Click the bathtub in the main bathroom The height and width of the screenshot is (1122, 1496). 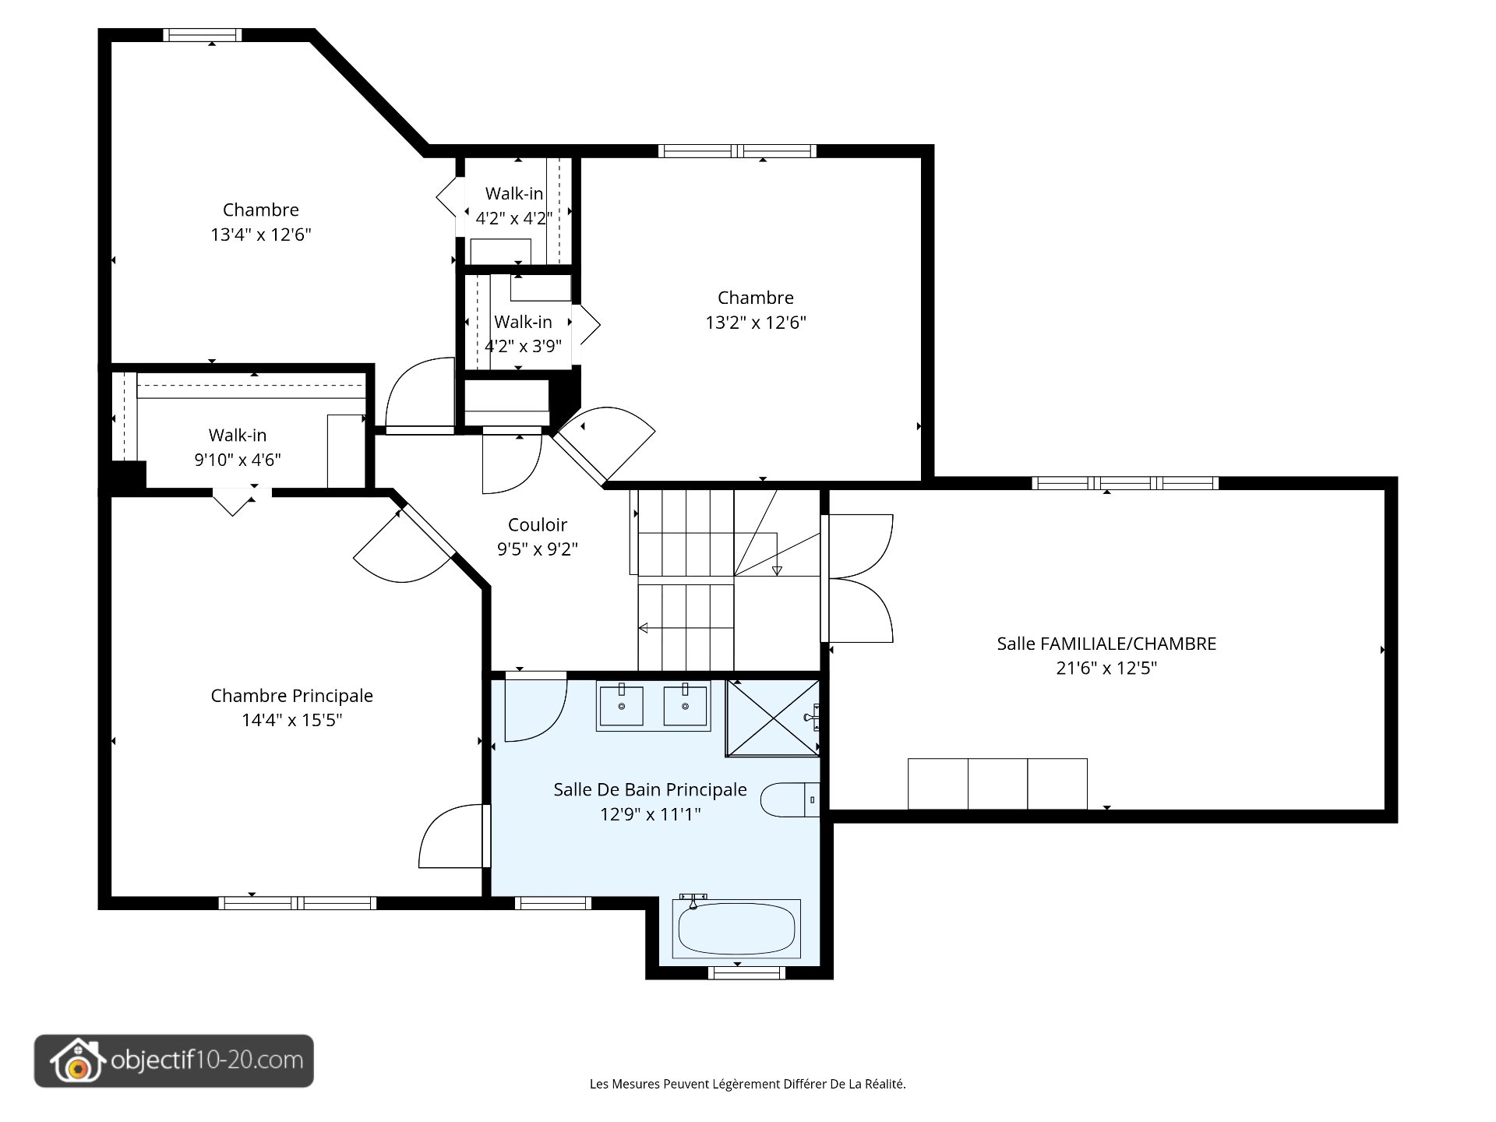[x=736, y=929]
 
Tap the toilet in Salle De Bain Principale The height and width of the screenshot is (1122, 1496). [x=789, y=799]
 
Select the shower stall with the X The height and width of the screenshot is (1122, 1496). [x=773, y=718]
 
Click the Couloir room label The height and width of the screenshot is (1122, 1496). [x=538, y=524]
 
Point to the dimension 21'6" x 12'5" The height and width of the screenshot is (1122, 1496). [x=1106, y=668]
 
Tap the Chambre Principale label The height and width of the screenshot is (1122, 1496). [x=292, y=696]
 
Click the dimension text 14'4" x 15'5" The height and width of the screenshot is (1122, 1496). [x=292, y=720]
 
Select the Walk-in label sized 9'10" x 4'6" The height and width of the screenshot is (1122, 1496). [x=238, y=435]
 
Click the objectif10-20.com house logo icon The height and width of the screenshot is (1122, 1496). [x=76, y=1061]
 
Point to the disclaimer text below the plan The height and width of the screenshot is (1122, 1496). [x=748, y=1084]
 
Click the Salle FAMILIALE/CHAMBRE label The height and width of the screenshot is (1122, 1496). [x=1106, y=644]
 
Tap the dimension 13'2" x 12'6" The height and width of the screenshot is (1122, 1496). [x=756, y=323]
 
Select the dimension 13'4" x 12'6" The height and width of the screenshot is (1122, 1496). [x=261, y=235]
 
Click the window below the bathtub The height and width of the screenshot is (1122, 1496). [x=746, y=972]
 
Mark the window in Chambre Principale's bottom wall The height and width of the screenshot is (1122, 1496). [x=298, y=903]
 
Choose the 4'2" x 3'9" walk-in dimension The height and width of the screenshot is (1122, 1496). [x=523, y=346]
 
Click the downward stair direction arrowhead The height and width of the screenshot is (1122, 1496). [x=777, y=571]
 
